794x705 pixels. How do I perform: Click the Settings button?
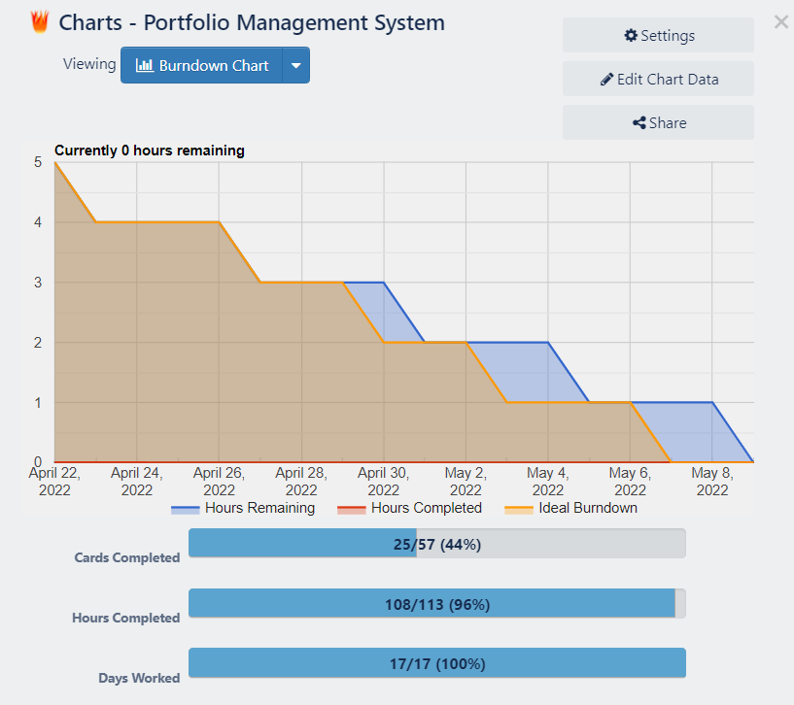[658, 36]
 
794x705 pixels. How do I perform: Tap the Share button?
[658, 123]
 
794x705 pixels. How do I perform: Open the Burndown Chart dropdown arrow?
[296, 66]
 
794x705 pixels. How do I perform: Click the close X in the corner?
[781, 22]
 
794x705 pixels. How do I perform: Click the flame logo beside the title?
[40, 22]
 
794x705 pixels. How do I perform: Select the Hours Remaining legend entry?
[244, 508]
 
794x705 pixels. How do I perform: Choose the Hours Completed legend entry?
[409, 508]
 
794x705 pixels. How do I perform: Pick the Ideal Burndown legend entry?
[571, 508]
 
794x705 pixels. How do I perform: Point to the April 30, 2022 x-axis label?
[384, 481]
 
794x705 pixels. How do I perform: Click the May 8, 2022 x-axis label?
[712, 481]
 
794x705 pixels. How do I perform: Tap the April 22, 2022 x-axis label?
[54, 481]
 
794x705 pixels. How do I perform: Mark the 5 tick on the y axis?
[38, 162]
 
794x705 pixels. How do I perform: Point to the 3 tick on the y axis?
[38, 283]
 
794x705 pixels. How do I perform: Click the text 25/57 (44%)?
[436, 545]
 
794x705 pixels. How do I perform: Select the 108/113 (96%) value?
[436, 605]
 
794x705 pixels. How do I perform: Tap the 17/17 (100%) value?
[436, 664]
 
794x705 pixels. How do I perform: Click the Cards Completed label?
[127, 558]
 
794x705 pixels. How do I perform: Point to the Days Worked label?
[139, 678]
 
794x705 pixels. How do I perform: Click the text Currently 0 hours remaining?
[150, 151]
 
